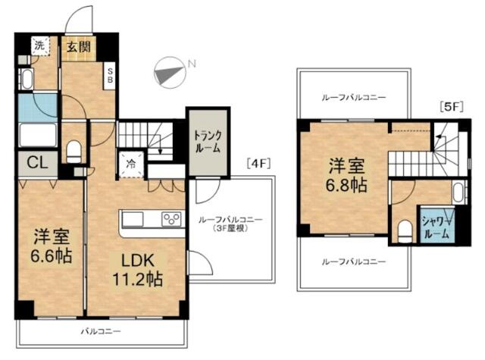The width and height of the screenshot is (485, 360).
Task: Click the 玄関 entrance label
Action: [79, 47]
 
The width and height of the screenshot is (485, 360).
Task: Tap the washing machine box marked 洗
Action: [40, 45]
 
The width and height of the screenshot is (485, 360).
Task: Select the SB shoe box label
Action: [110, 76]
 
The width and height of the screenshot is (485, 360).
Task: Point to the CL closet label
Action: [37, 162]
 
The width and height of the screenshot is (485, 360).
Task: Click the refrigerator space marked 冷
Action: [131, 164]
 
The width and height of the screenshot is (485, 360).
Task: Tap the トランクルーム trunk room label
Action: [208, 142]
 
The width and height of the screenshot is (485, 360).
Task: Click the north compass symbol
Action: [171, 73]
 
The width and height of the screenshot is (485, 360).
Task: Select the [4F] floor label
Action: [258, 163]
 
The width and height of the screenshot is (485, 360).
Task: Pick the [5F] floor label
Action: [452, 107]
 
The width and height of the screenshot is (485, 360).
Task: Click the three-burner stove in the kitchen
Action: [171, 219]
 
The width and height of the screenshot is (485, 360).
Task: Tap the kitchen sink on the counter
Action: [133, 219]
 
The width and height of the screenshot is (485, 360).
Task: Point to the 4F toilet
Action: [74, 152]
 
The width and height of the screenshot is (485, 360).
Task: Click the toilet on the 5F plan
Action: [405, 231]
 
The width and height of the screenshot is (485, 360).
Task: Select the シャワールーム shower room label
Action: [436, 227]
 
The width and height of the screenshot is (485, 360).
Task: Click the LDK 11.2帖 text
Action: [137, 271]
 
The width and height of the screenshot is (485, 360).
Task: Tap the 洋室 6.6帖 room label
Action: [51, 246]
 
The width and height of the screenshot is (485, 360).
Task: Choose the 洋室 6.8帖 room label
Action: [346, 175]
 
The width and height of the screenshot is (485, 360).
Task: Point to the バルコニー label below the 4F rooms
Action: [101, 332]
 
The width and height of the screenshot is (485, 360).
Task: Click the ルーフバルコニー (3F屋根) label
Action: [230, 224]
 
